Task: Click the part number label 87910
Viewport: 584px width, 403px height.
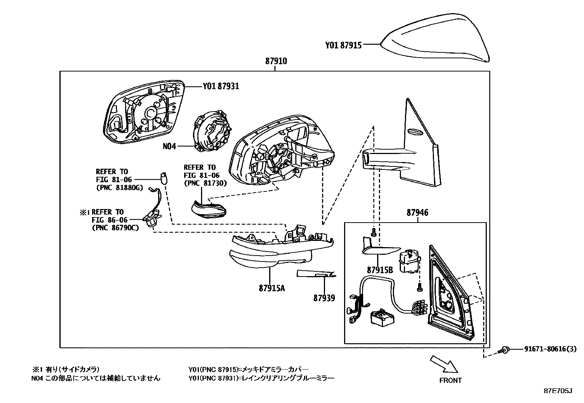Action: (276, 61)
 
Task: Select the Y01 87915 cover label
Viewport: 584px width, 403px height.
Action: (343, 45)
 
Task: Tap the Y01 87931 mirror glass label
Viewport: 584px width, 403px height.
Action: (221, 86)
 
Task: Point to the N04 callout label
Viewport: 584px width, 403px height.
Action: (169, 146)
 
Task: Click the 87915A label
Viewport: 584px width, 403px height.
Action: (271, 288)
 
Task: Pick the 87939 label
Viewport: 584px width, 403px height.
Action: (324, 298)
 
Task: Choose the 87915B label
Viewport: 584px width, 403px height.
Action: (380, 270)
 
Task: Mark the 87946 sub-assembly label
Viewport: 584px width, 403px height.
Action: (417, 213)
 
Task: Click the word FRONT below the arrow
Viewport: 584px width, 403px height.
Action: (450, 380)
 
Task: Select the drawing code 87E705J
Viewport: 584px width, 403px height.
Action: (558, 391)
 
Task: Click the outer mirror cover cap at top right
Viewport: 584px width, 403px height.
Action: (437, 37)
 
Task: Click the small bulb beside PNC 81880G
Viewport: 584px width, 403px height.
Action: (164, 177)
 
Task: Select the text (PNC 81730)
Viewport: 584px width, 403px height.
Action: (205, 183)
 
